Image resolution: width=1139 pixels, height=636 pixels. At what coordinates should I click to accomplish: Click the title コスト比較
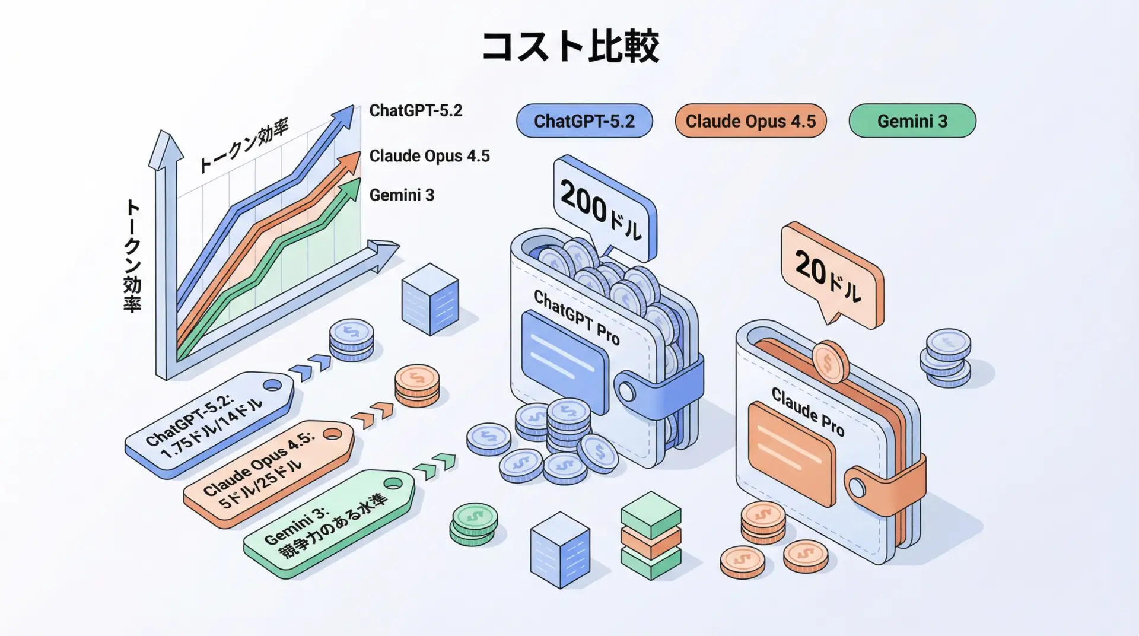pyautogui.click(x=570, y=46)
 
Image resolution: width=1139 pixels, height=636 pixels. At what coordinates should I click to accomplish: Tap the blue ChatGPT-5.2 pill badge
pyautogui.click(x=584, y=121)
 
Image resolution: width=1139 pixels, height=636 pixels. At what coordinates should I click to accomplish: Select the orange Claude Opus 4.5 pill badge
pyautogui.click(x=750, y=121)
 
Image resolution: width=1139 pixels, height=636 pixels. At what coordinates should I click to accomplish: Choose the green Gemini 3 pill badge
pyautogui.click(x=912, y=121)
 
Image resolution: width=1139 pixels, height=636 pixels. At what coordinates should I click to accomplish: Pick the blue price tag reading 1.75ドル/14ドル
pyautogui.click(x=208, y=425)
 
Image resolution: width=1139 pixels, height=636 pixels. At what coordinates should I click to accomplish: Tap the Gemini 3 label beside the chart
pyautogui.click(x=402, y=195)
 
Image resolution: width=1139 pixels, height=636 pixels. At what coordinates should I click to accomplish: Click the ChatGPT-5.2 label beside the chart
pyautogui.click(x=415, y=111)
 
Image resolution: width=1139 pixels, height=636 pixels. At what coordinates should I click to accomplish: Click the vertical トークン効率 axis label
pyautogui.click(x=132, y=256)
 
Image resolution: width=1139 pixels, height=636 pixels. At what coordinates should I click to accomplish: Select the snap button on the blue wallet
pyautogui.click(x=626, y=392)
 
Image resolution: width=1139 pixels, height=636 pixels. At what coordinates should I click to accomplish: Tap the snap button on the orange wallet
pyautogui.click(x=857, y=488)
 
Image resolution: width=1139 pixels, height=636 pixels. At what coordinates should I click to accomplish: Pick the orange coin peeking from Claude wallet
pyautogui.click(x=830, y=360)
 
